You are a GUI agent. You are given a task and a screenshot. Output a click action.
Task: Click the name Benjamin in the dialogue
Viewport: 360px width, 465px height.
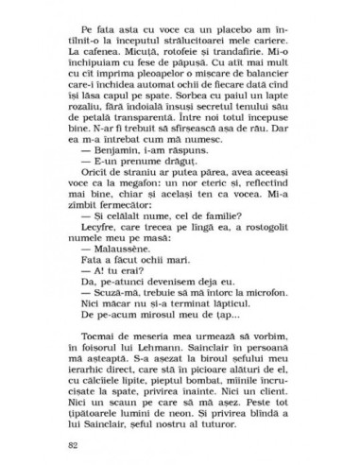(111, 192)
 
